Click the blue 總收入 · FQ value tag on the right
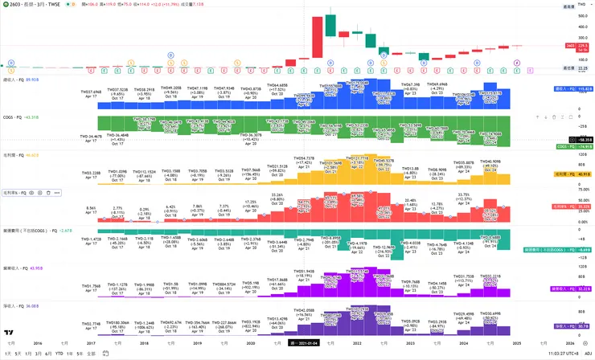click(x=572, y=88)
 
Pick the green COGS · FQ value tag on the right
click(x=572, y=147)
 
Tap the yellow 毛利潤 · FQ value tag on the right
click(x=572, y=174)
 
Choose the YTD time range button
click(x=59, y=354)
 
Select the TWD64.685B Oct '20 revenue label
click(x=277, y=86)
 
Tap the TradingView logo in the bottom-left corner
click(x=9, y=332)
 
